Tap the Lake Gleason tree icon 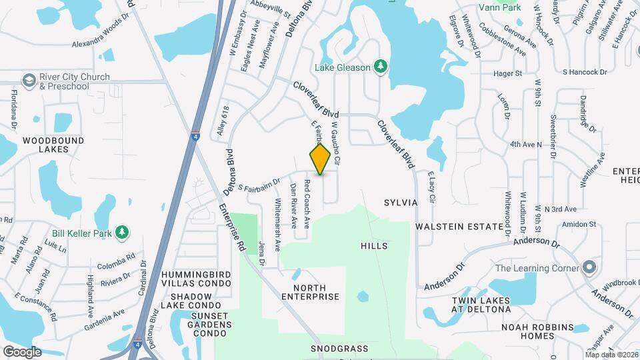[381, 66]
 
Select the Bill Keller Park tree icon [122, 232]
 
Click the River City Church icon [29, 81]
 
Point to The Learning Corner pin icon [589, 268]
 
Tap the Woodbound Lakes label [53, 145]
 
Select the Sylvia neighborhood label [401, 202]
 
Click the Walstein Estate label [459, 227]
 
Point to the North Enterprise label [311, 291]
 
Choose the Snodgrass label [339, 349]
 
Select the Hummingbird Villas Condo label [195, 279]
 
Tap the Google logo [22, 351]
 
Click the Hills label [373, 246]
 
